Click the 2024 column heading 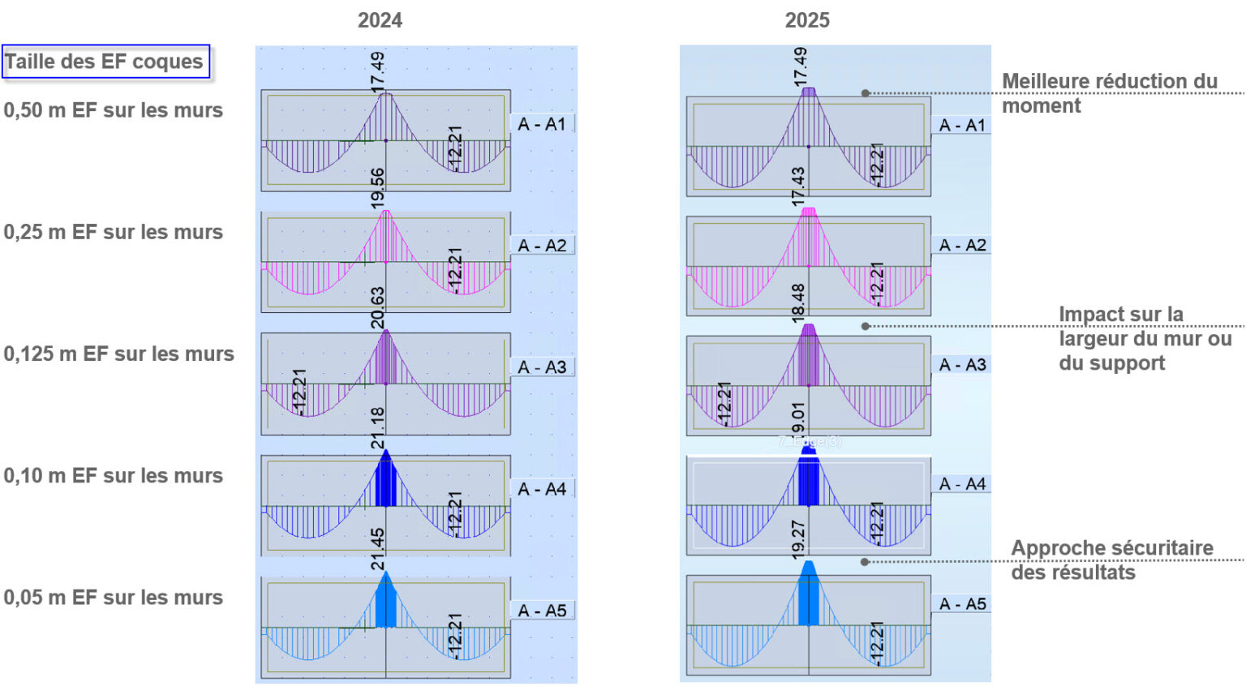(380, 20)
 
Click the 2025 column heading (807, 20)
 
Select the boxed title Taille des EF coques (105, 62)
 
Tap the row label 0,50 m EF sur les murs (113, 110)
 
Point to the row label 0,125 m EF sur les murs (118, 354)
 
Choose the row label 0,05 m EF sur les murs (113, 598)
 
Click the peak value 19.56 (378, 188)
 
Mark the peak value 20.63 (378, 307)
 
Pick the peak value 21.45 (378, 549)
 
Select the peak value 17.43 (799, 187)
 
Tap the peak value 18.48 (799, 302)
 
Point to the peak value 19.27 (799, 540)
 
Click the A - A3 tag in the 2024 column (543, 367)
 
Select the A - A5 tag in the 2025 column (963, 604)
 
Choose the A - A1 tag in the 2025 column (963, 126)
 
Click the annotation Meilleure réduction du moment (1108, 93)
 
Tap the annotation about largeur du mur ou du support (1144, 338)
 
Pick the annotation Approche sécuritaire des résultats (1111, 560)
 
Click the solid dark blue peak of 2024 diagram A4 (386, 483)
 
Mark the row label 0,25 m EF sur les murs (113, 232)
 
